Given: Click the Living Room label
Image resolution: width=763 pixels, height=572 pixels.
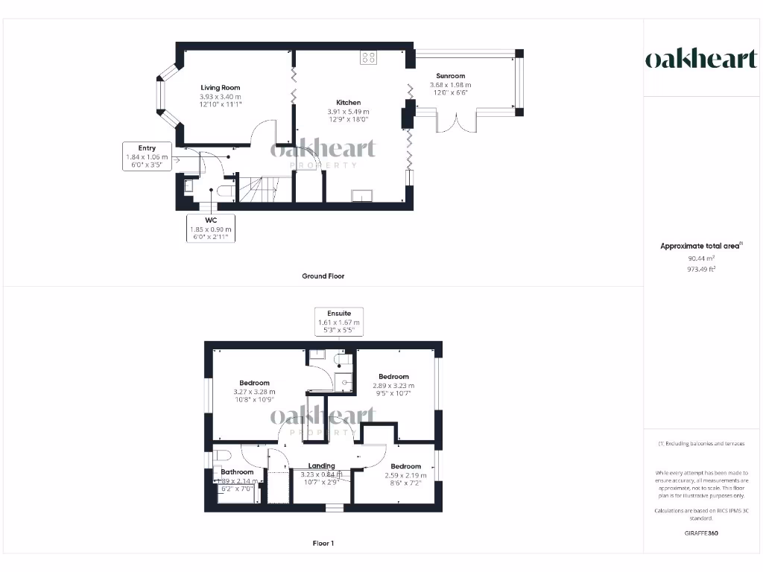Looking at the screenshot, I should click(x=220, y=88).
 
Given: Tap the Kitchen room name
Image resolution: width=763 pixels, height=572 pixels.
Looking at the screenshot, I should click(x=348, y=103).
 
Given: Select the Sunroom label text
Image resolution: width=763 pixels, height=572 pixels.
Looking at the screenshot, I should click(x=450, y=76).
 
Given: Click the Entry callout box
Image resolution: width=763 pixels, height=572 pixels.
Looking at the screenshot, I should click(x=146, y=157).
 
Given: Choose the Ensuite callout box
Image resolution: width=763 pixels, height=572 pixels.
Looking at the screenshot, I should click(x=339, y=322).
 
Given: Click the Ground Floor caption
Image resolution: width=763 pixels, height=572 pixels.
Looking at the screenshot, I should click(x=323, y=276).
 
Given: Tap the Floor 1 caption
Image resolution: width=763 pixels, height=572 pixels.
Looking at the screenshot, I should click(x=323, y=544).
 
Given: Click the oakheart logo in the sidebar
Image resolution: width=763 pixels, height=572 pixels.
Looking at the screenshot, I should click(x=700, y=60).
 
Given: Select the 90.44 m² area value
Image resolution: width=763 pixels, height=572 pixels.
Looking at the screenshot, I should click(x=701, y=258).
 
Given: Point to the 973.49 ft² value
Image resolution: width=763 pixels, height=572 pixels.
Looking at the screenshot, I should click(x=701, y=269).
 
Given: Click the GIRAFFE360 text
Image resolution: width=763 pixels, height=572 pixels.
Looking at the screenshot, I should click(x=701, y=533).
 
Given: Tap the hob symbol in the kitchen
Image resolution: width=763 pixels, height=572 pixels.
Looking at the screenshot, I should click(x=368, y=57).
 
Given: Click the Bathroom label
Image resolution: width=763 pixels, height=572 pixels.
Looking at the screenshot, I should click(x=237, y=472).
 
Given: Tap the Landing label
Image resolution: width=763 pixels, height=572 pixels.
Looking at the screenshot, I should click(x=322, y=466).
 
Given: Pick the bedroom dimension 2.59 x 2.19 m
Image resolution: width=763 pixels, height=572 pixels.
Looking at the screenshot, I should click(x=406, y=475).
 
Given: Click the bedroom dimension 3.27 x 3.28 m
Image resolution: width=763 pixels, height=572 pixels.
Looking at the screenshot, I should click(x=254, y=393).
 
